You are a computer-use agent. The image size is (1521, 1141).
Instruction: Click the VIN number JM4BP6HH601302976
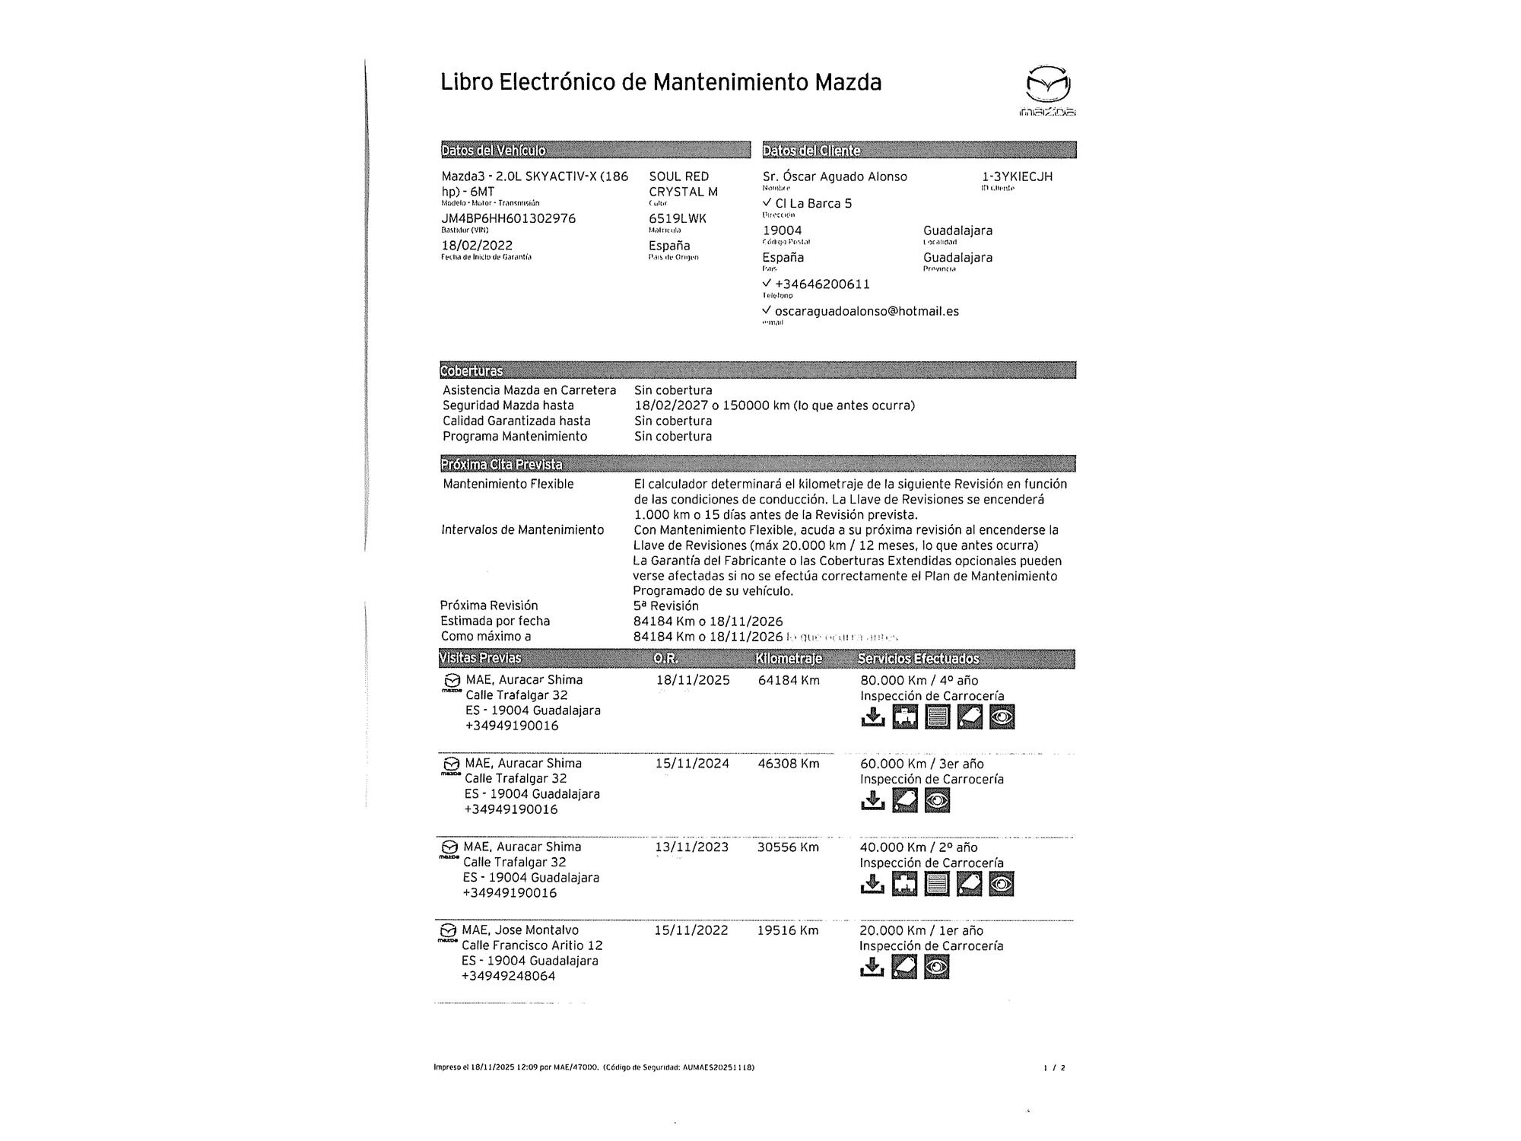tap(508, 219)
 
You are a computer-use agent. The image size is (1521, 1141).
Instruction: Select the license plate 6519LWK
tap(677, 219)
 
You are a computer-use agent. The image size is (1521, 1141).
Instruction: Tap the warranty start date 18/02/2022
tap(477, 246)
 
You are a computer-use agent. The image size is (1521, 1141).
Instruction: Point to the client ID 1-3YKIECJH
tap(1017, 176)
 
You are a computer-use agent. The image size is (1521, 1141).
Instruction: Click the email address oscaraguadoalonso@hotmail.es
tap(866, 311)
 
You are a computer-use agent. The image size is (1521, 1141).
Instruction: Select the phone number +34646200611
tap(822, 284)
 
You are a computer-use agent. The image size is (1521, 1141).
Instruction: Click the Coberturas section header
tap(472, 371)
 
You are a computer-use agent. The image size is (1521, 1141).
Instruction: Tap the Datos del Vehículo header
tap(494, 151)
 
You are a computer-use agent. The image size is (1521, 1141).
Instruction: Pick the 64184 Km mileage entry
tap(789, 680)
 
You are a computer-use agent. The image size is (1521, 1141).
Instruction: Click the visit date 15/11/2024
tap(692, 764)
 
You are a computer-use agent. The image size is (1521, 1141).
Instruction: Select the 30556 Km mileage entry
tap(788, 847)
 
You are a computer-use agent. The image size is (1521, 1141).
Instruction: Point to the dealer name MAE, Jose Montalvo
tap(520, 930)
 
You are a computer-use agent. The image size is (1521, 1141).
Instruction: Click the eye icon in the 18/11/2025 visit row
tap(1002, 717)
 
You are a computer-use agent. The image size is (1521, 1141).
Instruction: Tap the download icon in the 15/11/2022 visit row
tap(872, 967)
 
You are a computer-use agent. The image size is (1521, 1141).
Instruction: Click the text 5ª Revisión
tap(665, 606)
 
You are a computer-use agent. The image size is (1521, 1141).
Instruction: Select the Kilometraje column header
tap(789, 659)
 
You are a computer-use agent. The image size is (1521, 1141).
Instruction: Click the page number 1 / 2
tap(1054, 1068)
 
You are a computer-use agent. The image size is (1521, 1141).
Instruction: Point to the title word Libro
tap(466, 82)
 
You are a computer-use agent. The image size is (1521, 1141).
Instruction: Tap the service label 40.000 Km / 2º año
tap(918, 847)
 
